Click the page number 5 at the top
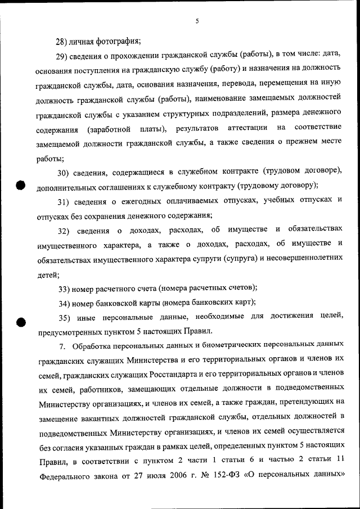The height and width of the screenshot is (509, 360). tap(197, 21)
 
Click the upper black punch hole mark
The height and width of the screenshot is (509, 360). tap(21, 186)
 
